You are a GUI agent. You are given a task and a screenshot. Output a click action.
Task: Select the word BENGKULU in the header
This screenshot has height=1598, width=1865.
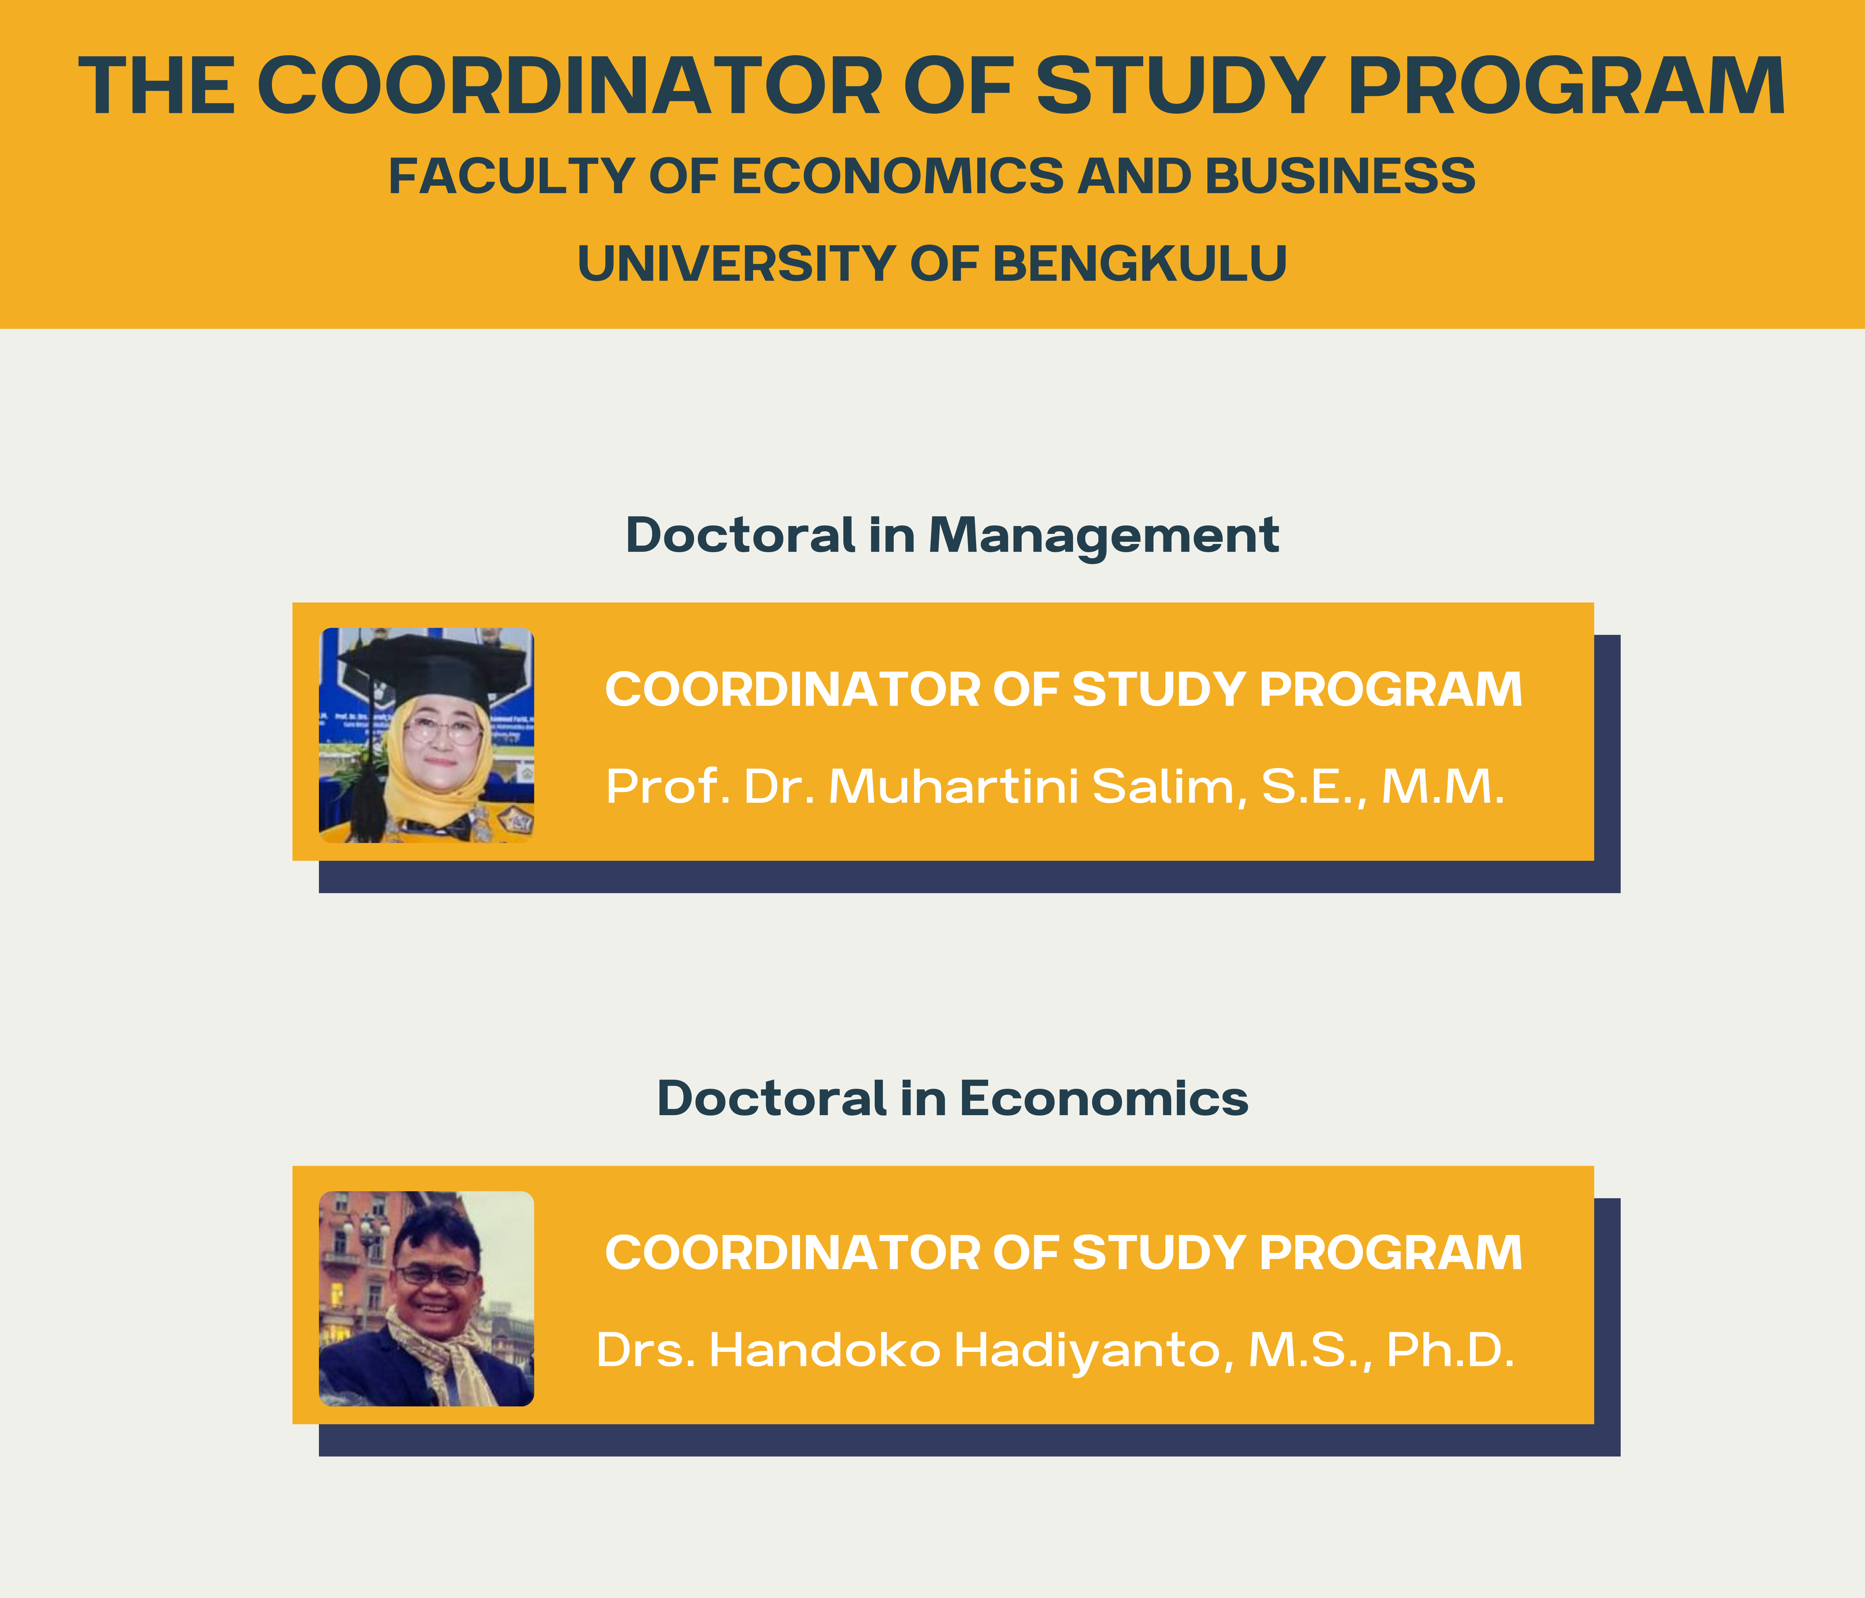1140,264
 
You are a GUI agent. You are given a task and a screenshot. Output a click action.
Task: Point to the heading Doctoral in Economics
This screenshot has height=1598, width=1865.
952,1099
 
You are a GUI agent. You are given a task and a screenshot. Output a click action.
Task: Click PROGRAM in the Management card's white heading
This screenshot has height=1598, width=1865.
1391,690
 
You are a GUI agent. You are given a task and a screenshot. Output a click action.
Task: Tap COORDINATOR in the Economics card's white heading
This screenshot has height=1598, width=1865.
792,1252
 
